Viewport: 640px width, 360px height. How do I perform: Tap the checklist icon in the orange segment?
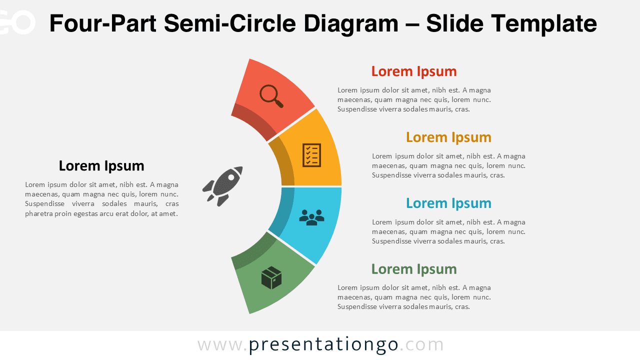[311, 155]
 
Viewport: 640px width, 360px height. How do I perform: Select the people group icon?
[311, 217]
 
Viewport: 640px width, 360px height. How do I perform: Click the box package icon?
[271, 277]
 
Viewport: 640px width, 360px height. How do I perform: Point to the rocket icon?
[223, 186]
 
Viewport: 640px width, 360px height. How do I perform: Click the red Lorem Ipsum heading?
[414, 71]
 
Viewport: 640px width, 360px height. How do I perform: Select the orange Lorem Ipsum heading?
[448, 137]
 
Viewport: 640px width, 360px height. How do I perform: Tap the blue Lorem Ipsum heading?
[448, 203]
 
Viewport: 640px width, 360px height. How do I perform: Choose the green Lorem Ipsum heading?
[414, 269]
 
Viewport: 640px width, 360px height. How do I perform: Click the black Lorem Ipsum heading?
[101, 166]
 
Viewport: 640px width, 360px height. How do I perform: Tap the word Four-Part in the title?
[102, 23]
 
